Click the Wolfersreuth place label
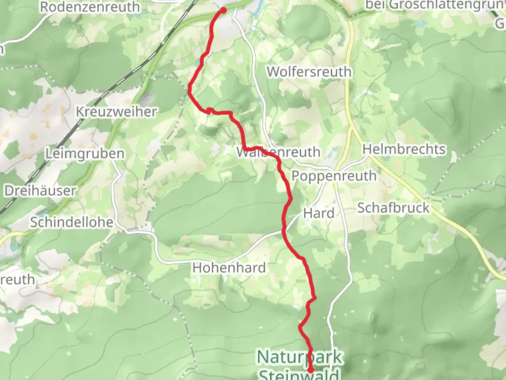coord(309,71)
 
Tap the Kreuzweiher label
coord(116,112)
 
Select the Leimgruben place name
coord(85,154)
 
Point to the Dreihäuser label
coord(40,191)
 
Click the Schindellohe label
coord(72,222)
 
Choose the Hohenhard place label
coord(229,268)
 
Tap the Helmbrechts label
coord(404,149)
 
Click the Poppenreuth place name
coord(334,176)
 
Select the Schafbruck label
coord(393,208)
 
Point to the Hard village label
coord(319,213)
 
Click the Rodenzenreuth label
coord(90,7)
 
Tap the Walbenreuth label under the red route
coord(278,152)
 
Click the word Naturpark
coord(299,357)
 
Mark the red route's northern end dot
coord(223,10)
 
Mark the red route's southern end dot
coord(311,370)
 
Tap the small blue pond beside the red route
coord(201,63)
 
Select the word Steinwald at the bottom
coord(299,374)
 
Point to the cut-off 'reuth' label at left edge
coord(17,280)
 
